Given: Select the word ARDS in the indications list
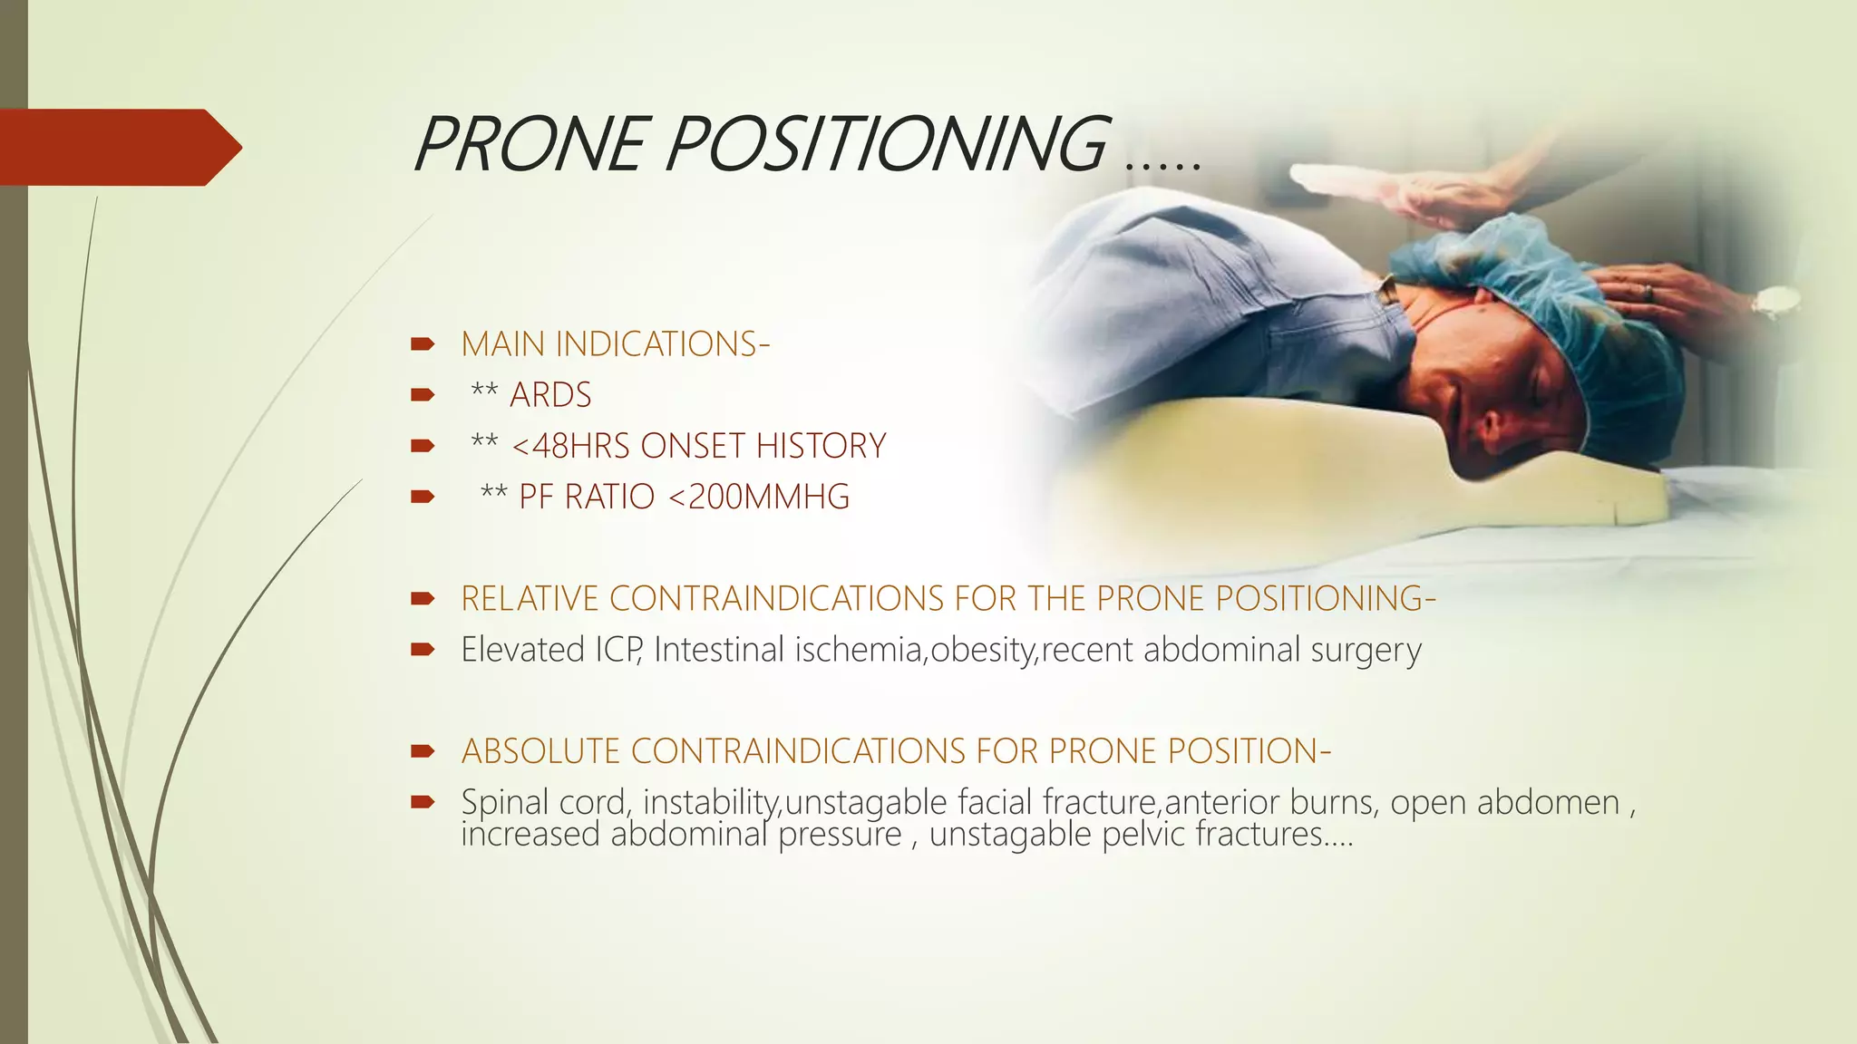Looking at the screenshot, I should click(550, 395).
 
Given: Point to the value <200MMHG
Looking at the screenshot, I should click(759, 497).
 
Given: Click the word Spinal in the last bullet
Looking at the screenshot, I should click(504, 802).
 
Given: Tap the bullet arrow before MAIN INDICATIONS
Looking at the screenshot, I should click(423, 344).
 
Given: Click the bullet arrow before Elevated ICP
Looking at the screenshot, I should click(423, 649).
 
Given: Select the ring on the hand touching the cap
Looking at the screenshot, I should click(1648, 292).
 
